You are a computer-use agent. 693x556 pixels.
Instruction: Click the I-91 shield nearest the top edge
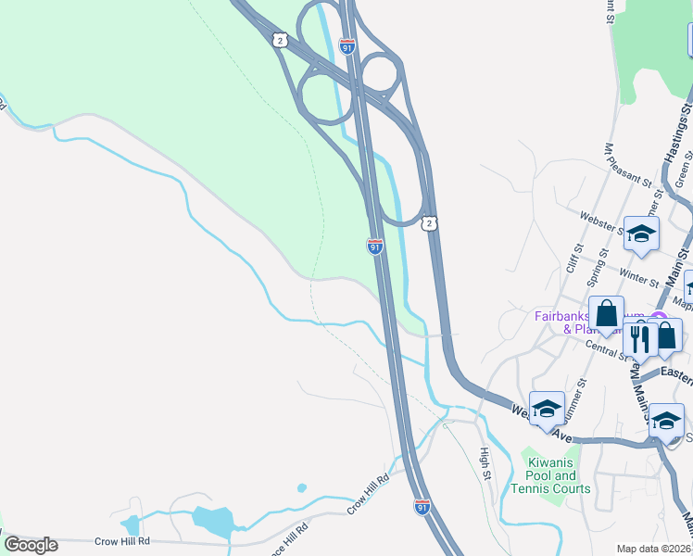pyautogui.click(x=347, y=45)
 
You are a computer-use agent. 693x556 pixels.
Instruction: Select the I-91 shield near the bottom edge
pyautogui.click(x=422, y=506)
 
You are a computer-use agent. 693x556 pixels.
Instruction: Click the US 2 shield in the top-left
pyautogui.click(x=279, y=39)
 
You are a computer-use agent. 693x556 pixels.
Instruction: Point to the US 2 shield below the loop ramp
pyautogui.click(x=429, y=223)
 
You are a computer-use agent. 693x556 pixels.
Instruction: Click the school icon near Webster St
pyautogui.click(x=640, y=234)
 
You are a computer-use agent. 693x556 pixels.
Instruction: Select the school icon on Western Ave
pyautogui.click(x=547, y=408)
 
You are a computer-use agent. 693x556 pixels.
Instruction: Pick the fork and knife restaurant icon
pyautogui.click(x=639, y=339)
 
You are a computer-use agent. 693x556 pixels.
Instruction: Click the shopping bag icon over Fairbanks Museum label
pyautogui.click(x=606, y=315)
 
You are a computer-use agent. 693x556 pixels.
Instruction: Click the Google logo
pyautogui.click(x=31, y=545)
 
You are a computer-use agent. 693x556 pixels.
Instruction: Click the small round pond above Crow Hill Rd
pyautogui.click(x=302, y=487)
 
